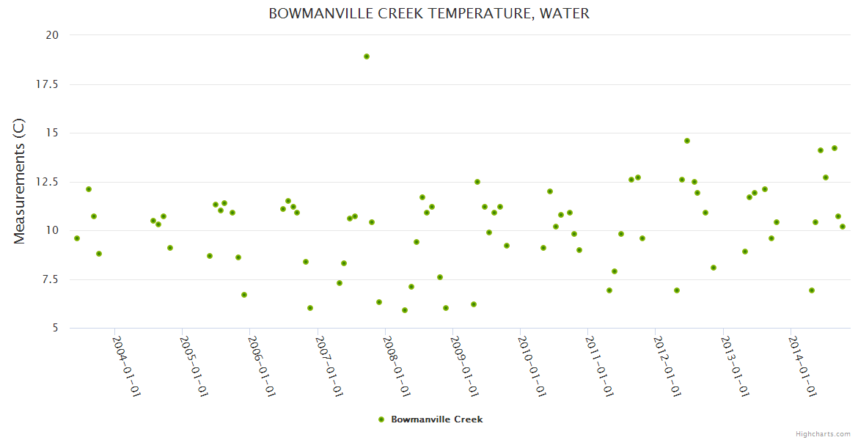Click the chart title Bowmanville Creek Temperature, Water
point(429,14)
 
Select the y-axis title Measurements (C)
point(20,181)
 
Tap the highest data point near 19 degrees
point(367,56)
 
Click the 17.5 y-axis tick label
point(48,84)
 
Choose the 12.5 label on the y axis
point(48,182)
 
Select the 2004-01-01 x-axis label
point(125,366)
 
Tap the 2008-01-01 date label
point(396,366)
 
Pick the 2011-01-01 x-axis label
point(598,366)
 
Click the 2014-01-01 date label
point(802,366)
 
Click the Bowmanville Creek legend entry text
point(437,419)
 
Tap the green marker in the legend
point(381,419)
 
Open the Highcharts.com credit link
point(823,434)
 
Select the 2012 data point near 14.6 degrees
point(687,141)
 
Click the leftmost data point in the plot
point(77,238)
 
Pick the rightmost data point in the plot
point(843,227)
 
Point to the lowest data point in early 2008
point(405,310)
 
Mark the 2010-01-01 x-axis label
point(531,366)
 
